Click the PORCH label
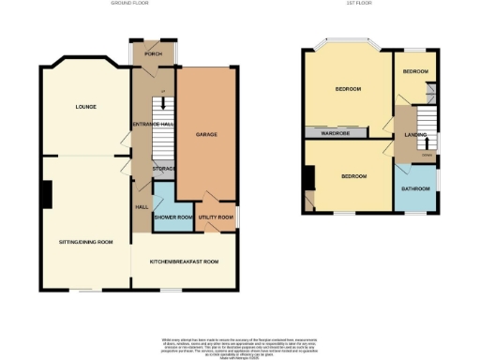pyautogui.click(x=154, y=53)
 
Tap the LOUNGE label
pyautogui.click(x=86, y=107)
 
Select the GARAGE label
pyautogui.click(x=206, y=135)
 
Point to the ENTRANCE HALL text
pyautogui.click(x=155, y=124)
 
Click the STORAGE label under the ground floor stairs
pyautogui.click(x=165, y=169)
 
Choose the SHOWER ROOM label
pyautogui.click(x=173, y=217)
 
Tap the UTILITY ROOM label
pyautogui.click(x=216, y=217)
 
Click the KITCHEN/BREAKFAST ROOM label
pyautogui.click(x=184, y=262)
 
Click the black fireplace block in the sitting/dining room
pyautogui.click(x=46, y=194)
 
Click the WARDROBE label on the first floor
pyautogui.click(x=335, y=133)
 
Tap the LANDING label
pyautogui.click(x=415, y=135)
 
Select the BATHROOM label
pyautogui.click(x=415, y=188)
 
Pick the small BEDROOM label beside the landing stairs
pyautogui.click(x=415, y=72)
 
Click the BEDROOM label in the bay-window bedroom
pyautogui.click(x=349, y=89)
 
